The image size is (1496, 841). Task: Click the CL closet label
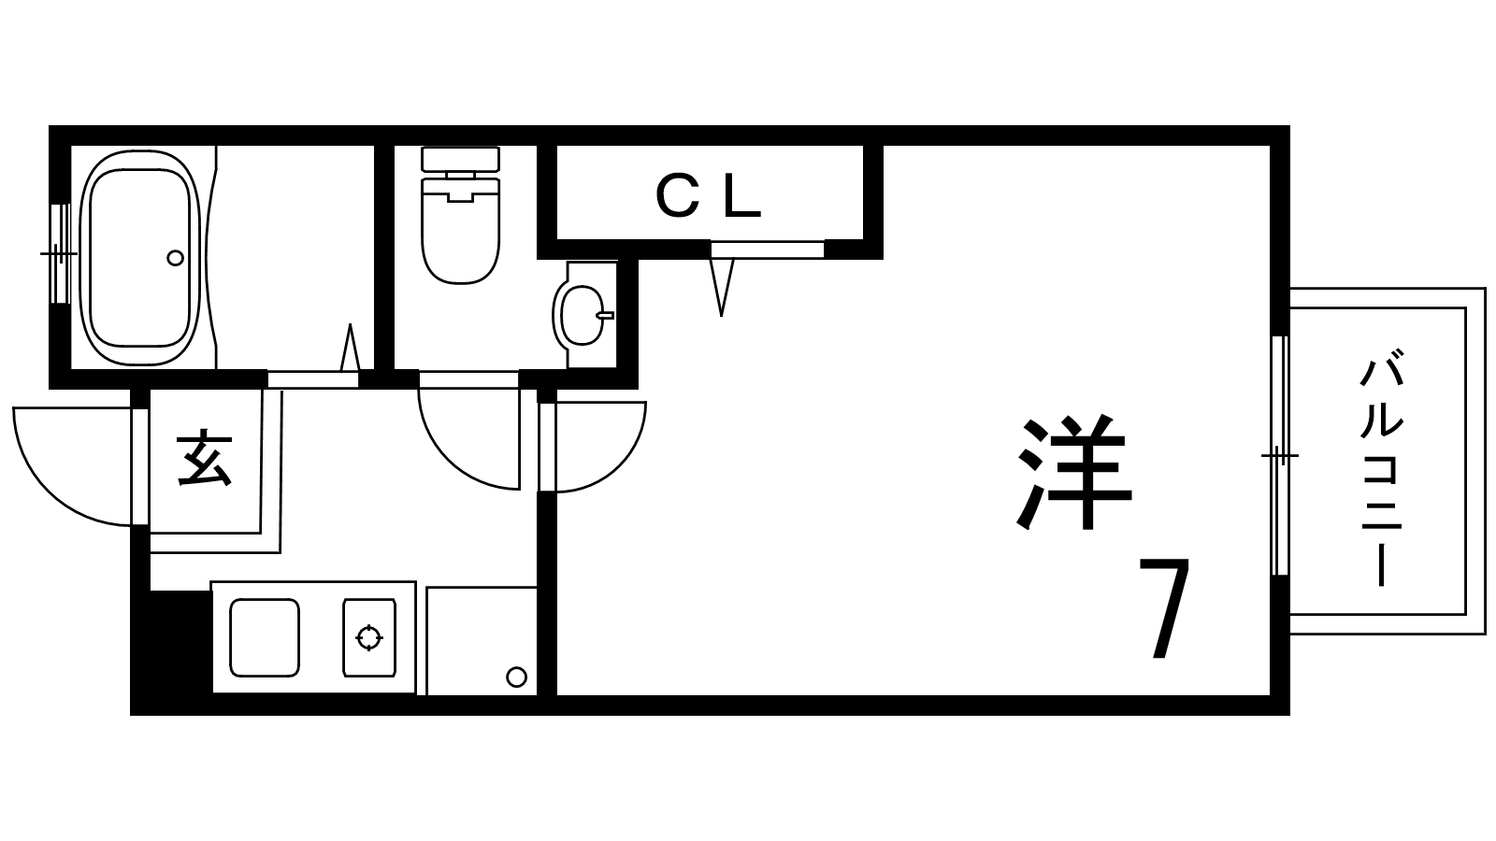click(709, 195)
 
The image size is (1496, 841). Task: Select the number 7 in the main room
click(1164, 607)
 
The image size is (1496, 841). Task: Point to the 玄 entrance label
click(205, 461)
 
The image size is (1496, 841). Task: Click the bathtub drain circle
click(175, 258)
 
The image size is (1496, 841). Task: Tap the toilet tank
click(461, 159)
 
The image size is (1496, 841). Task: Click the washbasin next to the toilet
click(582, 315)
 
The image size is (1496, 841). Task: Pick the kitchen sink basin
click(265, 637)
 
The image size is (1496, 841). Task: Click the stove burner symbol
click(369, 637)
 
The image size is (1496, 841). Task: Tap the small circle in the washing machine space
click(516, 677)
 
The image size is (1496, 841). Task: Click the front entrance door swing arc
click(72, 466)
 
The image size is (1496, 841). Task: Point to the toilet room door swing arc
click(468, 439)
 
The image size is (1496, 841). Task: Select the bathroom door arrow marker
click(350, 347)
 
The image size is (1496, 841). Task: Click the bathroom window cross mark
click(60, 253)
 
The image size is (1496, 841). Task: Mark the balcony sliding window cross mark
click(1280, 456)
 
